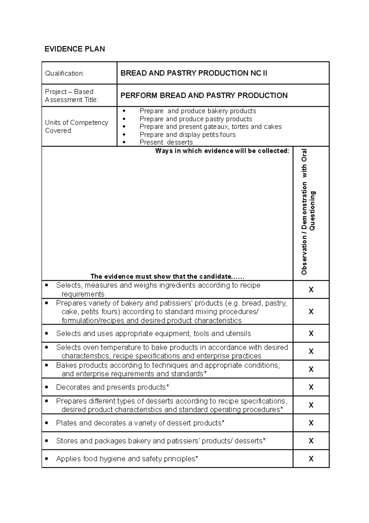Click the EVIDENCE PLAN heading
75,49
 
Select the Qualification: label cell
65,73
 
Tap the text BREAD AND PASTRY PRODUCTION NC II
194,73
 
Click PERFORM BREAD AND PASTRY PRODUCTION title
204,95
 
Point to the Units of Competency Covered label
77,127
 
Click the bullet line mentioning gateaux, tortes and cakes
210,127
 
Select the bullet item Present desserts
166,142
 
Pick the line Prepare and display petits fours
188,135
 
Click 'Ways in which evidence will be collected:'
222,151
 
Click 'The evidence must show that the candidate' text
167,276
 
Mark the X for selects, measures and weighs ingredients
311,290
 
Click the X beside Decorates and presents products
311,387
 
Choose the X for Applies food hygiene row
311,459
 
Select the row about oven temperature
172,351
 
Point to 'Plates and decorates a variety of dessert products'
140,423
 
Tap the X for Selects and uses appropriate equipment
311,334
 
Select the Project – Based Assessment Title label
71,95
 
